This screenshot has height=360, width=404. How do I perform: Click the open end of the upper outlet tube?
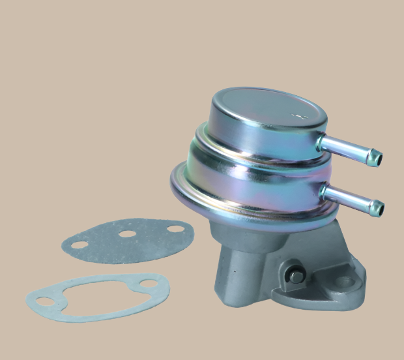pos(377,157)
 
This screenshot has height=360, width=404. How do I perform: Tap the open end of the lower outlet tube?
pos(378,209)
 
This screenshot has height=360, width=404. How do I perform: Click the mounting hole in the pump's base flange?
pos(346,282)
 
